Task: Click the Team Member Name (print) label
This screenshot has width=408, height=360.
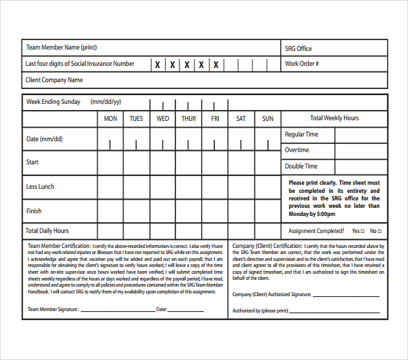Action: (62, 48)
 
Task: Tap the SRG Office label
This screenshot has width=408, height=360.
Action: (299, 48)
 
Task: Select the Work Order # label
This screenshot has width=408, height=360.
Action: (302, 64)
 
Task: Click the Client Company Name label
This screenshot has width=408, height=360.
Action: (54, 80)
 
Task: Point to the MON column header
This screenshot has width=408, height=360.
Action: (110, 119)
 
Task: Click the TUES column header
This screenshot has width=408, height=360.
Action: (136, 119)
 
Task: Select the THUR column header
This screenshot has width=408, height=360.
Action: (188, 119)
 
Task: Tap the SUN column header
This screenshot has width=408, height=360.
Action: (268, 119)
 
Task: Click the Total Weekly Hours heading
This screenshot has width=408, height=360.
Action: (334, 118)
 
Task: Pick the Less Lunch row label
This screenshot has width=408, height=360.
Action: (40, 187)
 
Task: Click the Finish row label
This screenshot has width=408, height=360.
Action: (34, 211)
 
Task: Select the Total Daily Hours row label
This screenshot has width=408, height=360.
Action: (48, 231)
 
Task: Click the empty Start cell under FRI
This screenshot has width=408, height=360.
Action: (215, 163)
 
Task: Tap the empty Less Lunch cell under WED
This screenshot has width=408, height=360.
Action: (163, 187)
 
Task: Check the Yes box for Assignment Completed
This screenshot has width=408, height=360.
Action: (362, 231)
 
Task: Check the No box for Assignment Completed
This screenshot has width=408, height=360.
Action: (380, 231)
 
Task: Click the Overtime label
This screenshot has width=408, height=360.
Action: (296, 150)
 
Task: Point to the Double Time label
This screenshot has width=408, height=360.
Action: (301, 166)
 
